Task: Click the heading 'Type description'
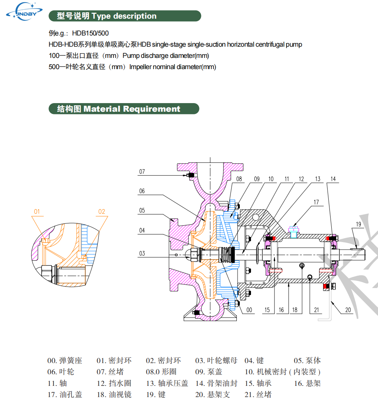pyautogui.click(x=124, y=16)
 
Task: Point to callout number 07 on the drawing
pyautogui.click(x=142, y=172)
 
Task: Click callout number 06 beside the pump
pyautogui.click(x=142, y=191)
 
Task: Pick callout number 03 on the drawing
pyautogui.click(x=142, y=254)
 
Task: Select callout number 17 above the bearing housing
pyautogui.click(x=316, y=202)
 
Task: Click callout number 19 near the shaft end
pyautogui.click(x=359, y=224)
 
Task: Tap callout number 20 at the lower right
pyautogui.click(x=348, y=310)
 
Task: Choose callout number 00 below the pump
pyautogui.click(x=249, y=310)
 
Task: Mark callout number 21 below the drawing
pyautogui.click(x=316, y=310)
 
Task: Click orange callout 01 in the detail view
pyautogui.click(x=37, y=211)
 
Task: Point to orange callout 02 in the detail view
pyautogui.click(x=102, y=211)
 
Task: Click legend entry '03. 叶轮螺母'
pyautogui.click(x=216, y=361)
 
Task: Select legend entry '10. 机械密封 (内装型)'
pyautogui.click(x=282, y=372)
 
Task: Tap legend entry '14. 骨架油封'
pyautogui.click(x=216, y=383)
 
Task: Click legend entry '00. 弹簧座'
pyautogui.click(x=65, y=361)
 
